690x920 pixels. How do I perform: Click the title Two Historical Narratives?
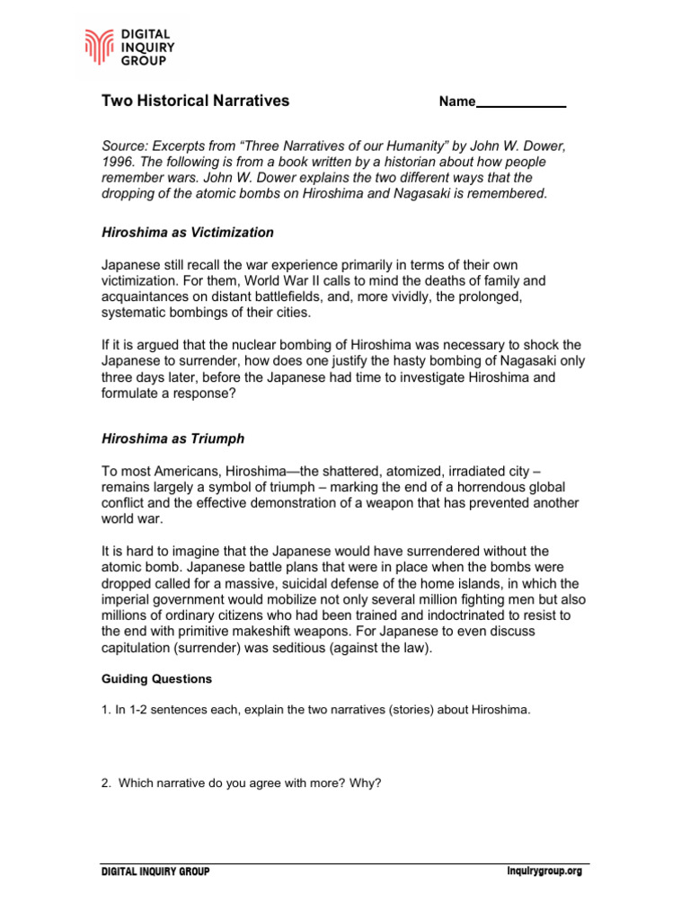tap(195, 101)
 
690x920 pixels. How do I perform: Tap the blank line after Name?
tap(521, 102)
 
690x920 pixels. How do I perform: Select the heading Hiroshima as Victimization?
tap(187, 233)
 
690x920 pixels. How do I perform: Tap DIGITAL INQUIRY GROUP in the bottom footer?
tap(155, 871)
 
